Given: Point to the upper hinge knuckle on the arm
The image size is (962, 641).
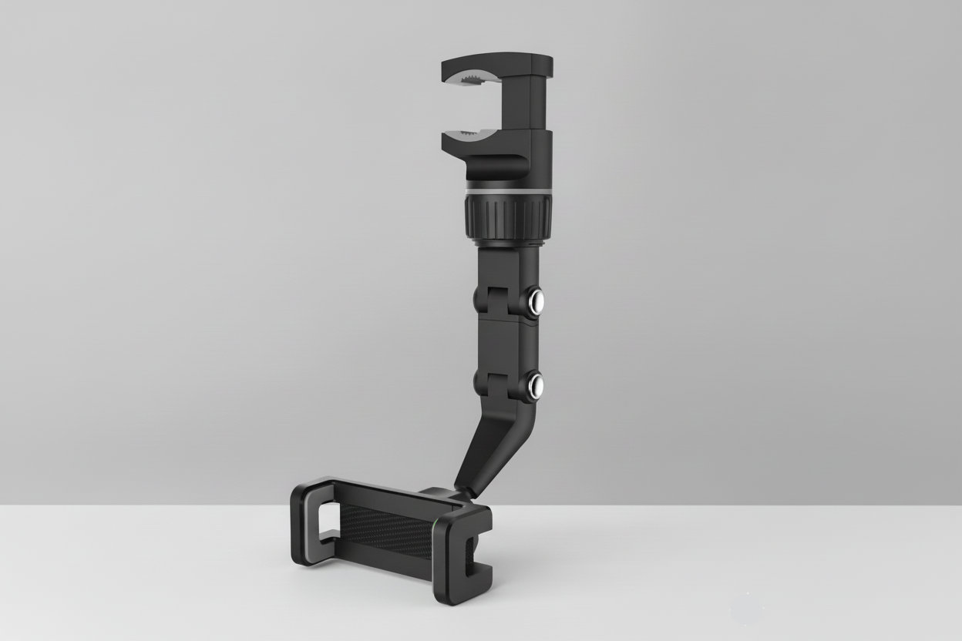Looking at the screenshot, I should [x=485, y=299].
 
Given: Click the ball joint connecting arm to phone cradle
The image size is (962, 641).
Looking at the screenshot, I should [x=460, y=492].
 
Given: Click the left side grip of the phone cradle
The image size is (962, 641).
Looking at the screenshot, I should [x=308, y=524].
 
